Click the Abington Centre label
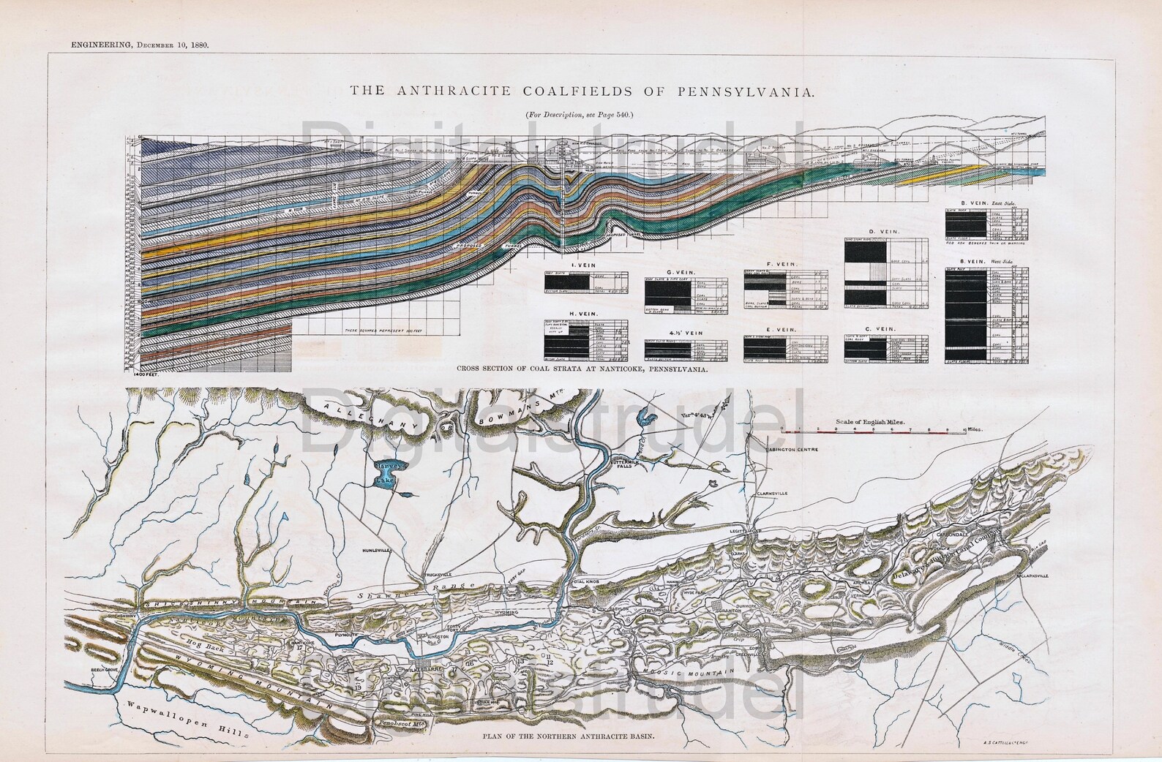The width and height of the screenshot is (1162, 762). pyautogui.click(x=792, y=451)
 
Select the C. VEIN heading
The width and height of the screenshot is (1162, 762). pyautogui.click(x=886, y=330)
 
